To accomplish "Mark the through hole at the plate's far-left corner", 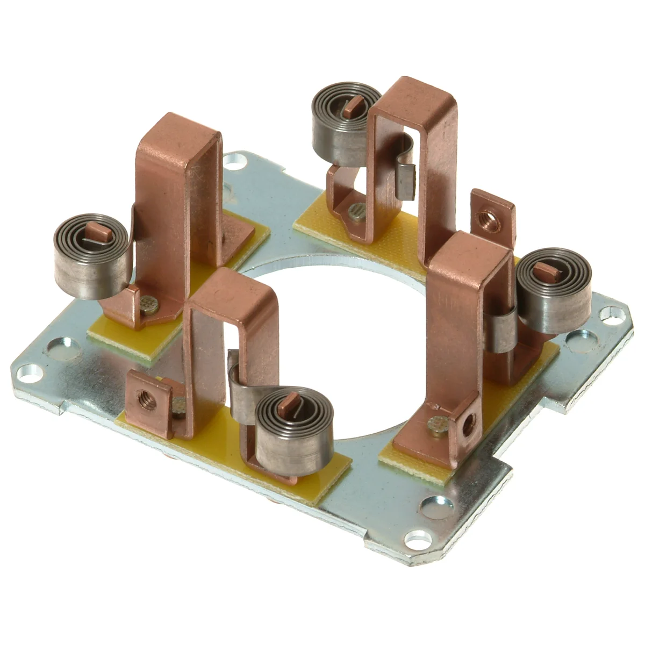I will (x=28, y=370).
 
